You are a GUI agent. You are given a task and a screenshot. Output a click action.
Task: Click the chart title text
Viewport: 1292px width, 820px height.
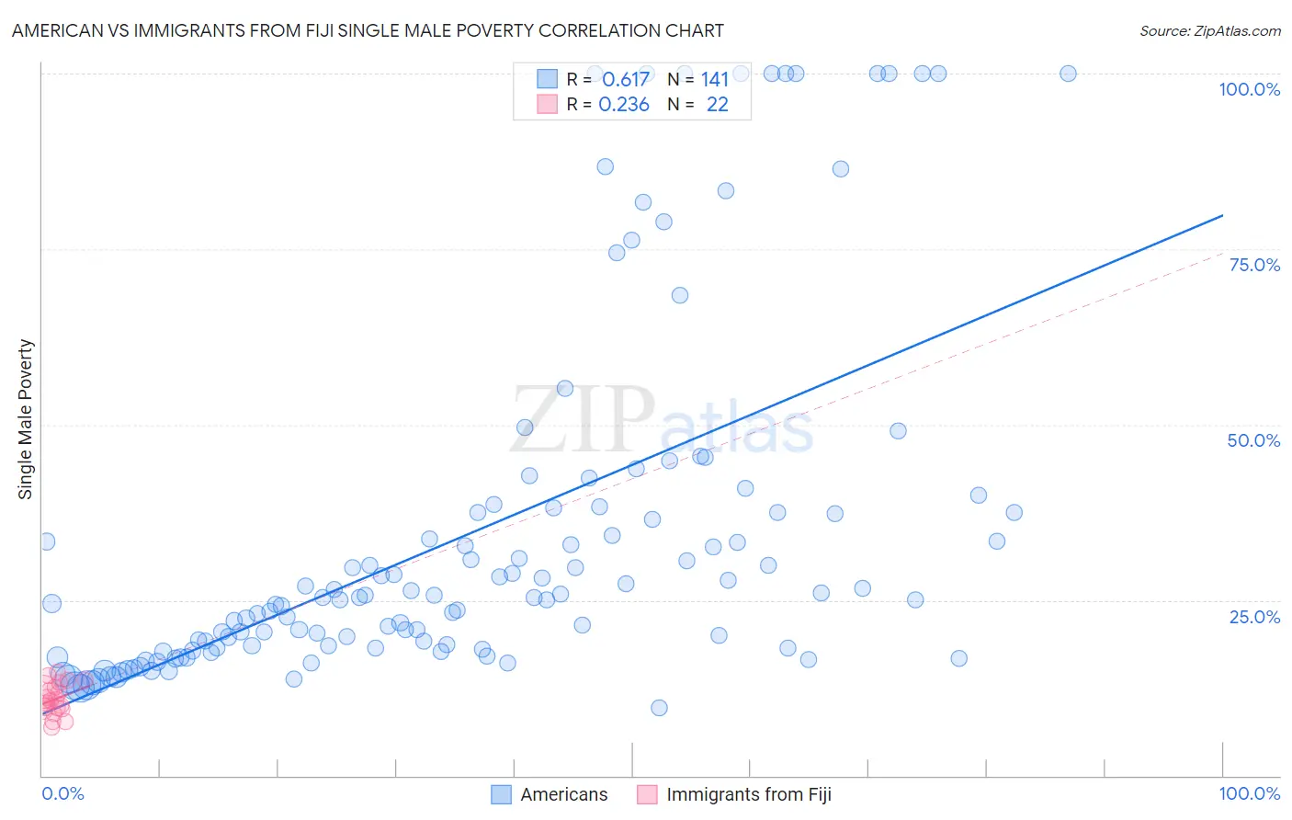click(x=368, y=30)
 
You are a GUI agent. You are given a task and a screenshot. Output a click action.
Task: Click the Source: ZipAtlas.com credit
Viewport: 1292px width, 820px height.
click(x=1209, y=30)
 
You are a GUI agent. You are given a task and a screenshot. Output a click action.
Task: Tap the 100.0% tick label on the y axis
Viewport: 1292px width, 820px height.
click(x=1249, y=89)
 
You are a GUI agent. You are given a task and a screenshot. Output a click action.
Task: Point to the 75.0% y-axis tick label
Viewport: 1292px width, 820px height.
click(x=1254, y=265)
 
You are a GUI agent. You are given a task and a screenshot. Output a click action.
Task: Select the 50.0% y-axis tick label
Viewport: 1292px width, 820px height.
click(x=1253, y=440)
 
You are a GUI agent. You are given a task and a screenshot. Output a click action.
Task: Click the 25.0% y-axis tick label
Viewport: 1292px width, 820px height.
click(x=1254, y=617)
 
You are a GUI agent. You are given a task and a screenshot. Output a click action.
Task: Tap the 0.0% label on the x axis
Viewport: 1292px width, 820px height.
click(x=62, y=793)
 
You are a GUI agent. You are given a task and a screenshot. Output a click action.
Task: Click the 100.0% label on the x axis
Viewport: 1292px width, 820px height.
click(x=1249, y=793)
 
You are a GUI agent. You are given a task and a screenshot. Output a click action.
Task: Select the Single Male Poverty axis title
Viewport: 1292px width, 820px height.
click(x=25, y=419)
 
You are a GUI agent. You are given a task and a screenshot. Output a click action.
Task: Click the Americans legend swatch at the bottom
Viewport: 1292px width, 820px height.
click(x=501, y=794)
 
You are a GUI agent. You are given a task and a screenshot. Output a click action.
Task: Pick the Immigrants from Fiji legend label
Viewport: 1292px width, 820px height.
click(x=748, y=794)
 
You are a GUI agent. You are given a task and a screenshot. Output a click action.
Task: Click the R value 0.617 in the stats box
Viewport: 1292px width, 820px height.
click(x=626, y=80)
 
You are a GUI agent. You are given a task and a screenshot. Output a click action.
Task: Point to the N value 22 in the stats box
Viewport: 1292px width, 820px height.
click(x=717, y=105)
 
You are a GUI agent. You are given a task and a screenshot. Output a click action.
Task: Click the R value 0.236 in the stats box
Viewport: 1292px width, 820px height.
click(x=624, y=105)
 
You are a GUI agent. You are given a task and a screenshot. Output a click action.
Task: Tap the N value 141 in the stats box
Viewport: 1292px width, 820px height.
click(x=714, y=80)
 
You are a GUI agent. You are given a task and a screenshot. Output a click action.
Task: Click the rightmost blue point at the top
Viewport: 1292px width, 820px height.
click(x=1068, y=74)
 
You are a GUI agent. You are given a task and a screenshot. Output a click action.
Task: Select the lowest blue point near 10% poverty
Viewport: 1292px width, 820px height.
click(x=659, y=708)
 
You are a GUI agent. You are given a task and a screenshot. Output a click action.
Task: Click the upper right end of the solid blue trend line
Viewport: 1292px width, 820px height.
click(x=1222, y=215)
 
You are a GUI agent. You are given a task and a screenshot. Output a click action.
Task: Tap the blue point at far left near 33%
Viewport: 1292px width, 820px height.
click(x=47, y=541)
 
